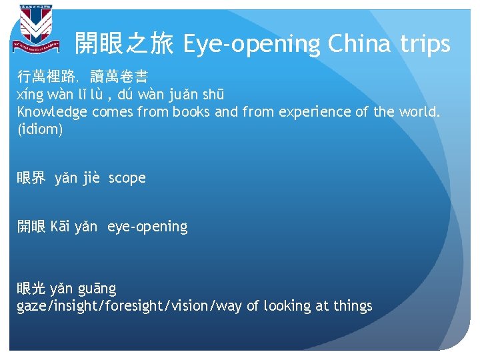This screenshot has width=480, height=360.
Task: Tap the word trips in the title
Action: [426, 45]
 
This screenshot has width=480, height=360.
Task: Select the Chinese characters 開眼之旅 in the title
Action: [124, 45]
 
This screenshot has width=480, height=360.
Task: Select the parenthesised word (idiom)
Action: [40, 129]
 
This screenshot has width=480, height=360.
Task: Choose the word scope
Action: [127, 178]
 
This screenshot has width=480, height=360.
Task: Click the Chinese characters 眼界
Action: [31, 178]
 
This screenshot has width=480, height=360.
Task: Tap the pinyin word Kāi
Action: [61, 227]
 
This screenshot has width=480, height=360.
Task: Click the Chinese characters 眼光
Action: [31, 289]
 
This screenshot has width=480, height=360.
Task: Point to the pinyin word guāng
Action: [97, 289]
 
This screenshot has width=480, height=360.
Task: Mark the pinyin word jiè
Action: [91, 178]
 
